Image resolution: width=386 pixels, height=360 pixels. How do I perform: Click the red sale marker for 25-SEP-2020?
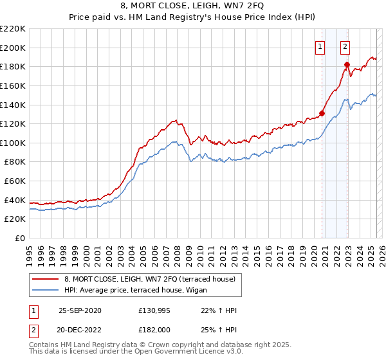[x=322, y=113]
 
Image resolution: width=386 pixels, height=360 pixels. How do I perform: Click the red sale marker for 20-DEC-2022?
[x=347, y=64]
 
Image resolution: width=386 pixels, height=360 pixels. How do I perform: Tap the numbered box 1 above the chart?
[x=320, y=46]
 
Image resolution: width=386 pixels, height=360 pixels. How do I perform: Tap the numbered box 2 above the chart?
[x=345, y=46]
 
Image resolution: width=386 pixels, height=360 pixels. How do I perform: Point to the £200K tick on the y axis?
[x=13, y=48]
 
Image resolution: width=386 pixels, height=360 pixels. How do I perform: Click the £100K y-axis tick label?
[x=13, y=143]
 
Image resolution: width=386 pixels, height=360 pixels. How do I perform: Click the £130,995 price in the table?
[x=152, y=310]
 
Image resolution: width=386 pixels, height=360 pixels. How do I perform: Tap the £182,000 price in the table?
[x=152, y=329]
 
